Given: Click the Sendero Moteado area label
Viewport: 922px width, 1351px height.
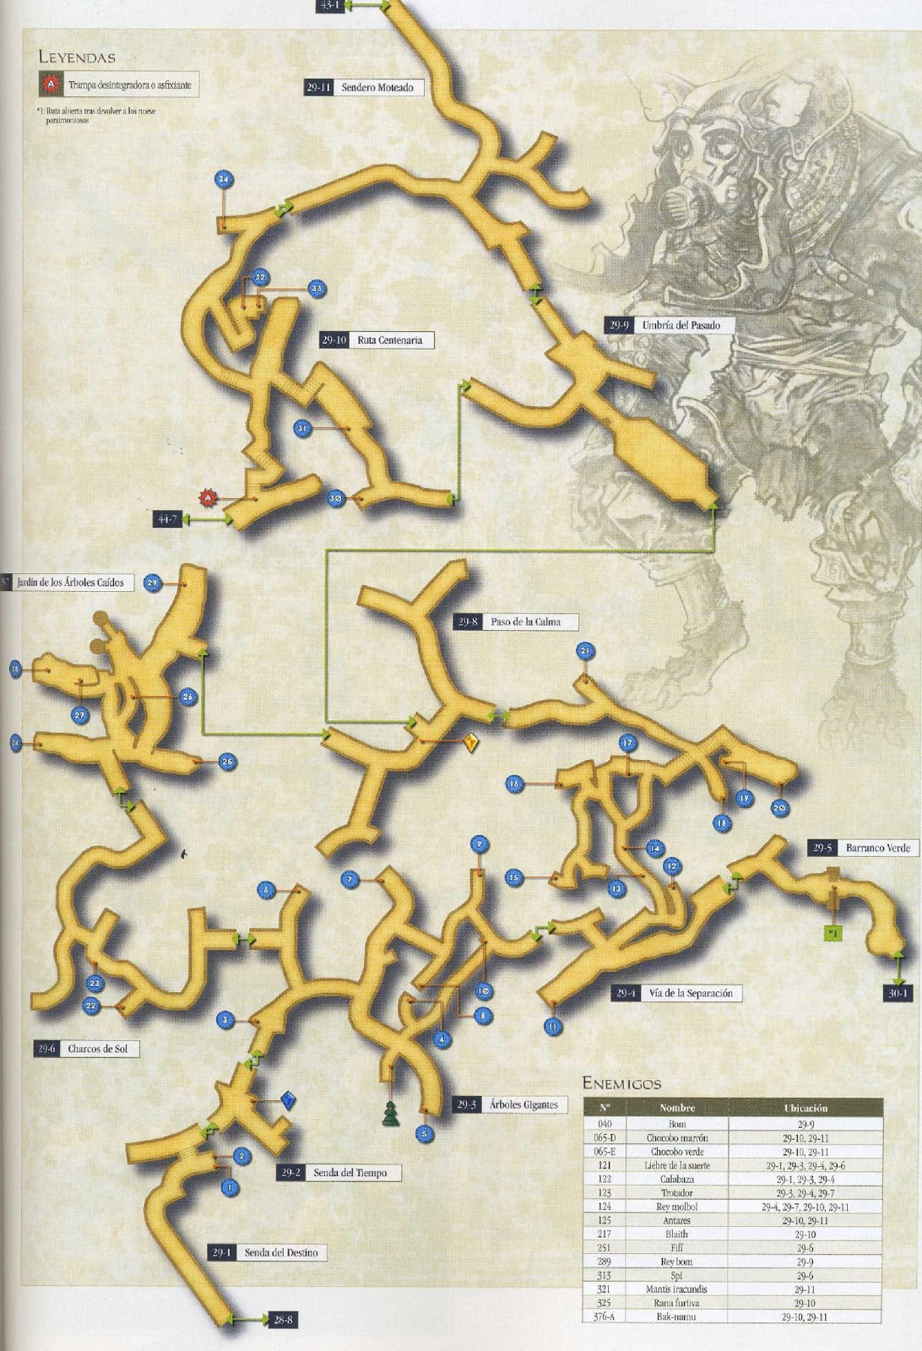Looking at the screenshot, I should pos(377,87).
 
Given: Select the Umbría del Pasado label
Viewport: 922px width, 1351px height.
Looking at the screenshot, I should pos(681,325).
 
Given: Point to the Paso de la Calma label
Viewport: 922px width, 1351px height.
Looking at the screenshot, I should pos(524,622).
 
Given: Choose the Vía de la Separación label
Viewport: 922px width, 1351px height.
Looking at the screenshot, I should pos(690,993).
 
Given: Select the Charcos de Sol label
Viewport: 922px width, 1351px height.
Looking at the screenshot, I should pos(96,1050).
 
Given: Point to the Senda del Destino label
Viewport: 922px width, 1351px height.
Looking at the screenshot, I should pos(280,1252).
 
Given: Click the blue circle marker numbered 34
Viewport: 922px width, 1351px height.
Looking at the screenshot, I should pos(224,180).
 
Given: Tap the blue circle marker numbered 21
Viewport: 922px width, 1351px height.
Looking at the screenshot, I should pos(586,650).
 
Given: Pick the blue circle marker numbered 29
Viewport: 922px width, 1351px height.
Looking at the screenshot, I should pos(152,583).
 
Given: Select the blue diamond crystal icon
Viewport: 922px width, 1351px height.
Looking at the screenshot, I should pos(289,1100).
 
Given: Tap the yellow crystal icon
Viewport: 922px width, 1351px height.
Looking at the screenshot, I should pos(471,743).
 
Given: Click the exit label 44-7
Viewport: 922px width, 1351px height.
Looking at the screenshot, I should pos(165,519).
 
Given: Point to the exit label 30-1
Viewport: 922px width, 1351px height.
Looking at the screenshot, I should pos(897,993).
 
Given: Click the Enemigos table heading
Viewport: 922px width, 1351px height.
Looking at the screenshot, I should pos(621,1083).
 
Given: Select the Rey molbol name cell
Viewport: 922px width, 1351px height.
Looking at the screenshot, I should pos(676,1207).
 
